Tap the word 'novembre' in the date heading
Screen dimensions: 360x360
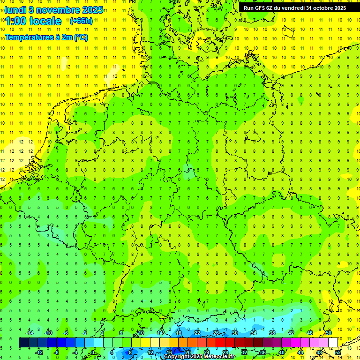tap(57, 9)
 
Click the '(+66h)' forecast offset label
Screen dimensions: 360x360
tap(81, 21)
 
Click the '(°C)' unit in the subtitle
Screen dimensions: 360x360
tap(81, 37)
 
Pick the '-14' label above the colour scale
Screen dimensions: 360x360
tap(30, 333)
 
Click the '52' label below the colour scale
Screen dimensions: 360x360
tap(338, 352)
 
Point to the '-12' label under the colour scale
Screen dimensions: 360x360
tap(39, 352)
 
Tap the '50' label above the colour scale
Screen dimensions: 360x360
tap(329, 333)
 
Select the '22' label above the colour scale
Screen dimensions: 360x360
tap(197, 333)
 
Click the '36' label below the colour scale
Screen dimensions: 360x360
tap(263, 352)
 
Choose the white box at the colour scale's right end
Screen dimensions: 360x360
tap(333, 343)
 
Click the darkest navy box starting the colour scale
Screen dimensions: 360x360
tap(23, 343)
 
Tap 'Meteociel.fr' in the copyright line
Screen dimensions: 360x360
tap(220, 357)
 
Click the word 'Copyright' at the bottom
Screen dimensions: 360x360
tap(176, 357)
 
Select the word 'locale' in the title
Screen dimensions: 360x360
tap(45, 21)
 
